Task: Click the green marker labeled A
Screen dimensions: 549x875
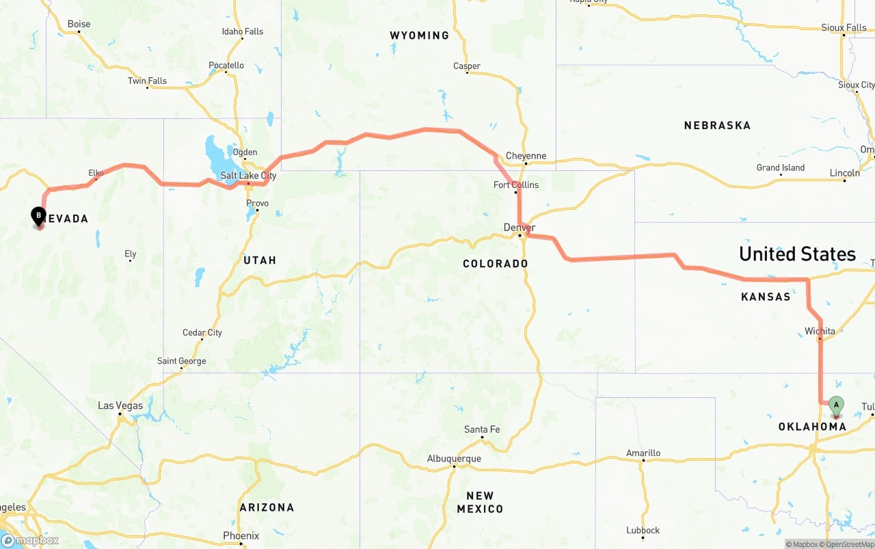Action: tap(836, 405)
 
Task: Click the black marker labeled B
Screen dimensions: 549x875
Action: tap(39, 216)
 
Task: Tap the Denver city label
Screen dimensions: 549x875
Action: tap(520, 227)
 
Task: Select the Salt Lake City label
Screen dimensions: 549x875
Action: tap(248, 176)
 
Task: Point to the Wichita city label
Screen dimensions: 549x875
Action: tap(820, 331)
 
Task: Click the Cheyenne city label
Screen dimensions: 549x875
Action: tap(526, 156)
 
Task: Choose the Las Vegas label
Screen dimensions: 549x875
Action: tap(120, 405)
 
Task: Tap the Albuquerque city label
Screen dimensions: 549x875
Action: tap(454, 459)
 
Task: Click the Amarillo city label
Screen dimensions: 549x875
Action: tap(643, 453)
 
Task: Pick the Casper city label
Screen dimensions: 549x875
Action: tap(467, 66)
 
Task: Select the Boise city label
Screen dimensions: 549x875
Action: tap(79, 24)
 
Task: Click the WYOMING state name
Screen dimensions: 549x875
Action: tap(420, 36)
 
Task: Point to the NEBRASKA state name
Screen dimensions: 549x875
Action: tap(717, 125)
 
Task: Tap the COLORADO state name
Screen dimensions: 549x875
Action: tap(496, 263)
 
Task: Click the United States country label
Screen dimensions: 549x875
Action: tap(797, 254)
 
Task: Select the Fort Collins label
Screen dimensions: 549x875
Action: tap(516, 185)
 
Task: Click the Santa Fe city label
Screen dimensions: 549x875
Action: tap(482, 429)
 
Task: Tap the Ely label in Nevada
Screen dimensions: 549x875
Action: tap(130, 254)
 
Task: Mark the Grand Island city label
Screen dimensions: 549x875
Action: tap(781, 168)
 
